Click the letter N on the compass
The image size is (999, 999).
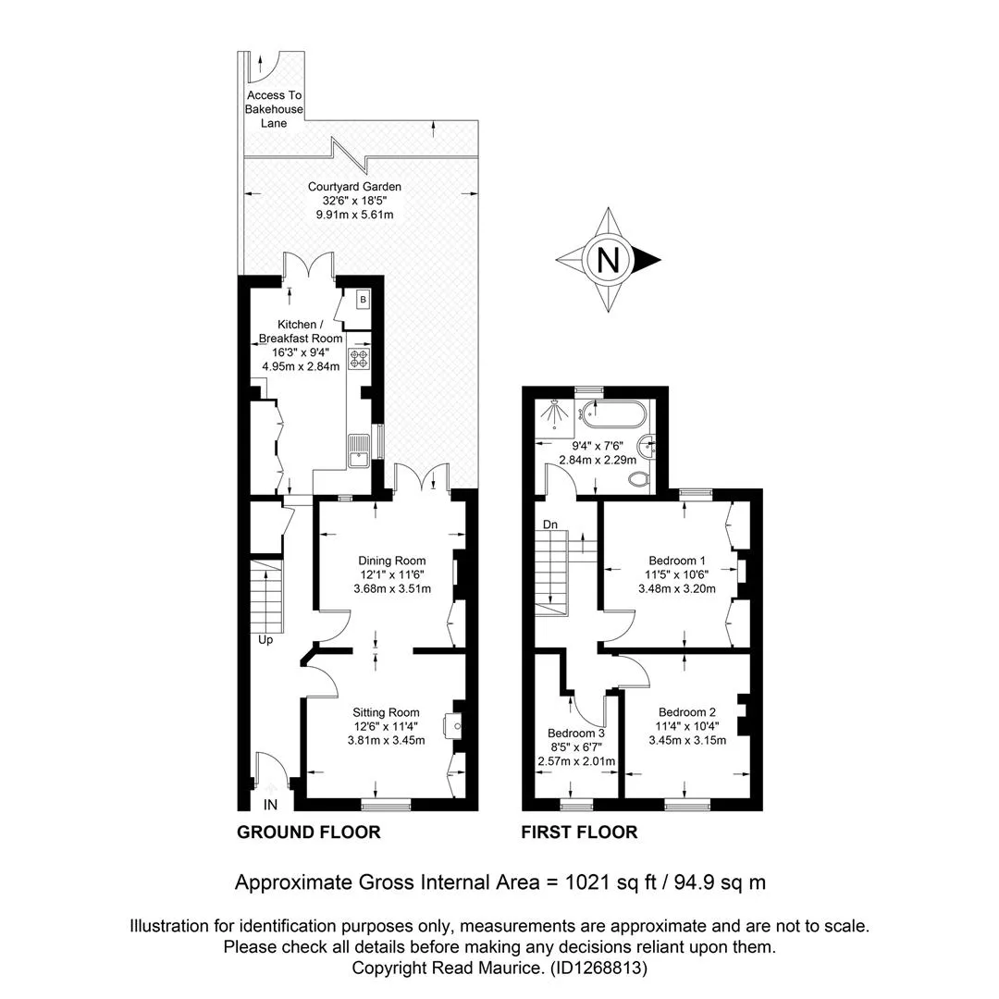point(609,260)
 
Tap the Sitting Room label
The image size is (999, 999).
point(386,712)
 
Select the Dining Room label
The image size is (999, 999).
point(392,561)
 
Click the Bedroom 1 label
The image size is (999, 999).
point(676,561)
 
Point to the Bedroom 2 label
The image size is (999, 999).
point(686,712)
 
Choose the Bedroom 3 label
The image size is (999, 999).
point(576,734)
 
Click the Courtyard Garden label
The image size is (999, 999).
point(354,187)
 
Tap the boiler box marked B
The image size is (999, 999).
point(364,300)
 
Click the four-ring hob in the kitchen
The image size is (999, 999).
point(359,359)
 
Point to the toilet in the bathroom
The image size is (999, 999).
point(638,477)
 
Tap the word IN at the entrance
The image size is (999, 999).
point(271,805)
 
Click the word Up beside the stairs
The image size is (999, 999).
point(265,640)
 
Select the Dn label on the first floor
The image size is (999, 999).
point(550,524)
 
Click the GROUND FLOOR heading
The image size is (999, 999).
point(308,832)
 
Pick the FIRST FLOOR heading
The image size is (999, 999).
point(579,832)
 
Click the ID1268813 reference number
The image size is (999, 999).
point(598,968)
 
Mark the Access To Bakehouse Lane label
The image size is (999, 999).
point(274,109)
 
